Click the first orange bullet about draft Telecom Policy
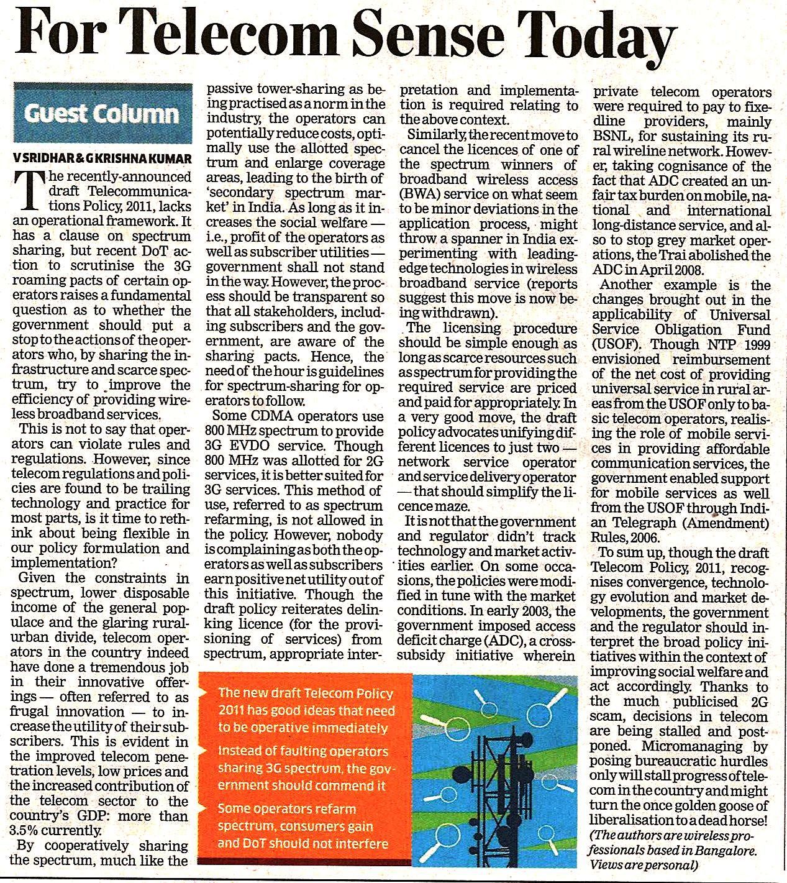304,710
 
